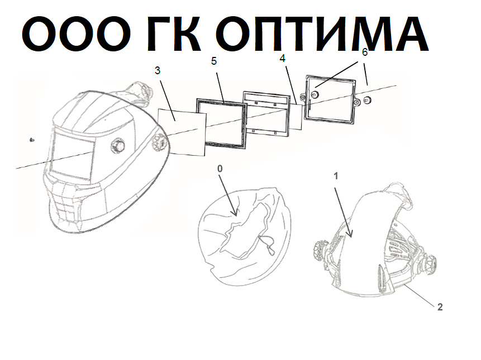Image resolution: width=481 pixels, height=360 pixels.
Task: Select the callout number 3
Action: coord(158,70)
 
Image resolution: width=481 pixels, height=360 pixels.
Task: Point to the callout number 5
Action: coord(214,61)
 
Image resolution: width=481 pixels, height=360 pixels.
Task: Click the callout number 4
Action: coord(283,58)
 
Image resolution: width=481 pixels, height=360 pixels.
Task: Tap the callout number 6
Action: coord(365,52)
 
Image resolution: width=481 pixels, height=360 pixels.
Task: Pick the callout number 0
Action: coord(220,169)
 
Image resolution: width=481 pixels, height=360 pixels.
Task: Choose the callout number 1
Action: coord(336,176)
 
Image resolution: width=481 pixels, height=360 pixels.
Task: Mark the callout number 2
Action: coord(440,306)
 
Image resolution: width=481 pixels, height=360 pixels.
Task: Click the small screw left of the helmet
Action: coord(32,140)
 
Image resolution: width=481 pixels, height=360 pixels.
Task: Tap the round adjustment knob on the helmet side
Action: coord(118,145)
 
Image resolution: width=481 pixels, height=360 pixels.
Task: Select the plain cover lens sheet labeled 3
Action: coord(182,132)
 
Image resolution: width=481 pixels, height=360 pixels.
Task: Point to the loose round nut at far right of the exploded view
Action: coord(367,100)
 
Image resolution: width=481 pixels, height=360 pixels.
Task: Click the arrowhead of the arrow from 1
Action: coord(350,234)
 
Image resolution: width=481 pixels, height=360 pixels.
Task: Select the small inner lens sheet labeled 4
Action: coord(296,117)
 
